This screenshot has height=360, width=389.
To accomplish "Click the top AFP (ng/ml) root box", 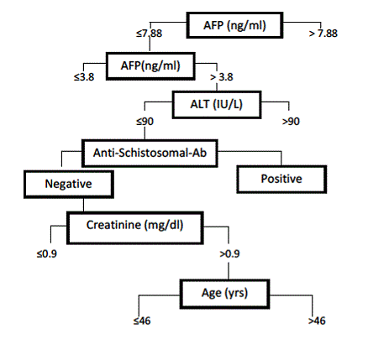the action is pos(234,25).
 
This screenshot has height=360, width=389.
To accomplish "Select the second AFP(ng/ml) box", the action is pos(150,66).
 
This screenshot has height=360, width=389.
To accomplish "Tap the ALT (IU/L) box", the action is pos(217,105).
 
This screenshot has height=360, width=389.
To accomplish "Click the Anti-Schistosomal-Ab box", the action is pos(150,153).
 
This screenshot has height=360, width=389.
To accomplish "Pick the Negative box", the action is pos(69,185).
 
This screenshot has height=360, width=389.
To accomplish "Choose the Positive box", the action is pos(281,179).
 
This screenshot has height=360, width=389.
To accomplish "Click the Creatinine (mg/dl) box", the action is pos(135,227).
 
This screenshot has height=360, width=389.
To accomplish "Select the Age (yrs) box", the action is pos(224,294).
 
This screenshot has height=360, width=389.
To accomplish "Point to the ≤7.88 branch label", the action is pos(149,34).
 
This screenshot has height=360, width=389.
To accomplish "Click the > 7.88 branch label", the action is pos(323,34).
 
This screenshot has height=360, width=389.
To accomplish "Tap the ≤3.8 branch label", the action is pos(84,77).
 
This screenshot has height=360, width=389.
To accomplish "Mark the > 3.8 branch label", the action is pos(222,77).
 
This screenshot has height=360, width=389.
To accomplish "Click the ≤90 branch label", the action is pos(145,122).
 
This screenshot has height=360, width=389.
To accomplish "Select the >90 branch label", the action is pos(291,122).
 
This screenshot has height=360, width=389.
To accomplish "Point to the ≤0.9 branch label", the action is pos(47,254).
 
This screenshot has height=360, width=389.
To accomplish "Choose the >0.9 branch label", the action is pos(229,254).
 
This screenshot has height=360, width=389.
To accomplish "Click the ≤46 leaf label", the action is pos(142,321).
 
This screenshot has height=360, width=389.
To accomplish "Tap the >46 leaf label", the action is pos(317,321).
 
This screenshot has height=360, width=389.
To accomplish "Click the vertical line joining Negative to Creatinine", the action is pos(83,205).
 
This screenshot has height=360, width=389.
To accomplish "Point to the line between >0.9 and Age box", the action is pos(229,271).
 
